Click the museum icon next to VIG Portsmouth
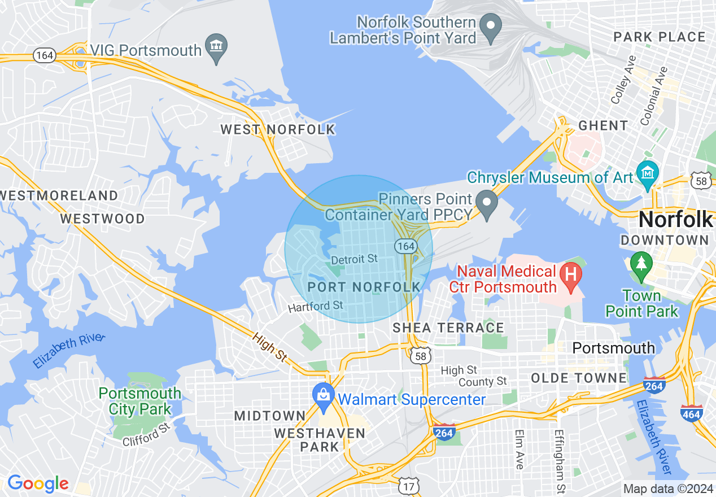[216, 45]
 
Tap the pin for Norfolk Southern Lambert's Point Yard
[490, 26]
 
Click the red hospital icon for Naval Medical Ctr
[571, 274]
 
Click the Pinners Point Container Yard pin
[485, 202]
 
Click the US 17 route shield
[408, 486]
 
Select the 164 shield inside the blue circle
[405, 246]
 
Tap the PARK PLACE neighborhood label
[660, 37]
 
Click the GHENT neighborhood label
[603, 125]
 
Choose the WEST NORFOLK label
[278, 130]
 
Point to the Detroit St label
[354, 259]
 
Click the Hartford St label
[316, 307]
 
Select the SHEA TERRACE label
[448, 328]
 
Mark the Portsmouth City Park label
[140, 401]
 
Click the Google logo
[38, 483]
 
